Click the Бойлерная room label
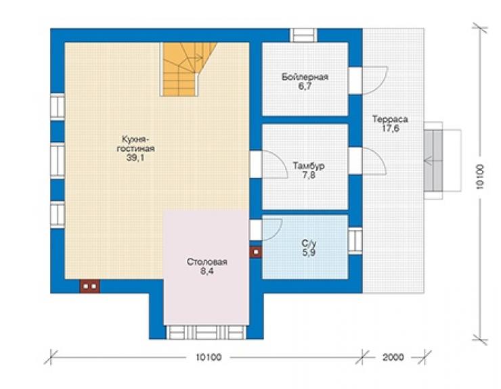[x=305, y=77]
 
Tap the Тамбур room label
[x=309, y=166]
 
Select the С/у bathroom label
[x=309, y=244]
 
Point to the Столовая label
[x=206, y=262]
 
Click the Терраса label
[x=390, y=119]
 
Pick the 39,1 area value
[x=135, y=157]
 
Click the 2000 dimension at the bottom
[x=393, y=357]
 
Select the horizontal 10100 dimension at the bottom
[x=209, y=357]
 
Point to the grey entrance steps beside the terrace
[x=433, y=160]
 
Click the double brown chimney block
[x=90, y=286]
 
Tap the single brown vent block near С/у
[x=256, y=252]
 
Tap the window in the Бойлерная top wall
[x=303, y=35]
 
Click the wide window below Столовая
[x=206, y=332]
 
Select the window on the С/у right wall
[x=355, y=241]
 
